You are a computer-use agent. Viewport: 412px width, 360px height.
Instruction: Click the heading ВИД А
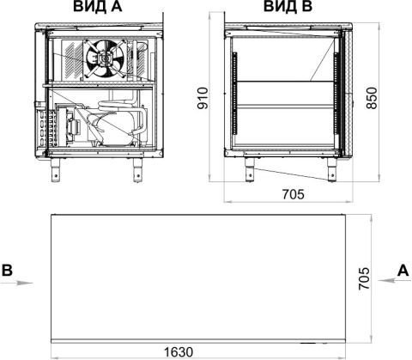(x=98, y=7)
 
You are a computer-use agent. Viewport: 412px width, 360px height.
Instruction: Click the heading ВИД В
(x=288, y=7)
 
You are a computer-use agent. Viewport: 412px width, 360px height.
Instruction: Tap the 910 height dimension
(x=203, y=98)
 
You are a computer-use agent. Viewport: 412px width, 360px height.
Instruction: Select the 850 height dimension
(x=372, y=98)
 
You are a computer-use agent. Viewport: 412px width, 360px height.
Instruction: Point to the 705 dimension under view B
(x=294, y=194)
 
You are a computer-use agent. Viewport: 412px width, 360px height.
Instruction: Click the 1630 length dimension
(x=179, y=352)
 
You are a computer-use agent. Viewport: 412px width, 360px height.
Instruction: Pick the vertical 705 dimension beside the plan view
(x=364, y=278)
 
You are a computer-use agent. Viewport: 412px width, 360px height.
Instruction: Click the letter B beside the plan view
(x=7, y=270)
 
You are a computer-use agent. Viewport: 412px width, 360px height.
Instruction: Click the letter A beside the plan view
(x=403, y=270)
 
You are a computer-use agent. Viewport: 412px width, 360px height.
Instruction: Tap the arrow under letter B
(x=16, y=283)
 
